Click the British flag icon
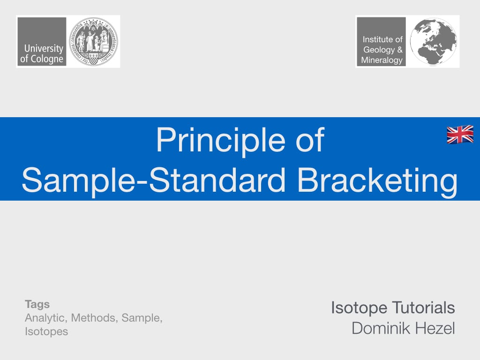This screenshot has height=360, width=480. (x=460, y=135)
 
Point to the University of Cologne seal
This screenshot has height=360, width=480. (x=94, y=41)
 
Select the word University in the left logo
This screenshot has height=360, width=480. (x=44, y=48)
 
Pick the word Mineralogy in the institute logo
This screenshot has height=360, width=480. (x=382, y=60)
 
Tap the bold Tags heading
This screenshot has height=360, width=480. (x=37, y=304)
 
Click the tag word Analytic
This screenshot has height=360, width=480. (x=45, y=318)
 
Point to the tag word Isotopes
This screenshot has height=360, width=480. (x=46, y=331)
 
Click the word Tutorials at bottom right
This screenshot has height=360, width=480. (x=423, y=308)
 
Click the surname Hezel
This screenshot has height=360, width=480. (x=436, y=328)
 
